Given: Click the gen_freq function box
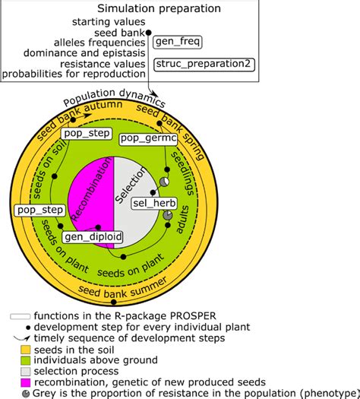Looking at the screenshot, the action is pos(178,42).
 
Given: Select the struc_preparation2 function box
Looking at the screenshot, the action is pos(204,65).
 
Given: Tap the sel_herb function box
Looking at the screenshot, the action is pos(154,204).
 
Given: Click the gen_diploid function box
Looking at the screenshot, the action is pos(93,237).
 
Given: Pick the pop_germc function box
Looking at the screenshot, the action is pos(148,139).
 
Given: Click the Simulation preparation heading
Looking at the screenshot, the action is pos(159,8).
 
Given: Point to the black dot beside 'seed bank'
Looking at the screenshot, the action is pos(148,33).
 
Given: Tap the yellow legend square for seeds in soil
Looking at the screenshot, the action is pos(25,350).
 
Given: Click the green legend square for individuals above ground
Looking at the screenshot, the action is pos(25,360).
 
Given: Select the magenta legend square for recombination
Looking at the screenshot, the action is pos(25,382).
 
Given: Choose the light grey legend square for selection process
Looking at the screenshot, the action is pos(25,372).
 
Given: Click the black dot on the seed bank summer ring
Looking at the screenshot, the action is pos(114,302).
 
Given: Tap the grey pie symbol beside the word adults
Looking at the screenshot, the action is pos(168,215).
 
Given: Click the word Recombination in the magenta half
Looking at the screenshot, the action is pos(92,188).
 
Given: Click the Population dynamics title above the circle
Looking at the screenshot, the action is pos(115,97).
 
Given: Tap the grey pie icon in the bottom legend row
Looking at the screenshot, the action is pos(26,394).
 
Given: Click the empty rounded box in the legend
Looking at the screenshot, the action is pos(20,317).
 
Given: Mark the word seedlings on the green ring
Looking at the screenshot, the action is pos(182,173).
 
